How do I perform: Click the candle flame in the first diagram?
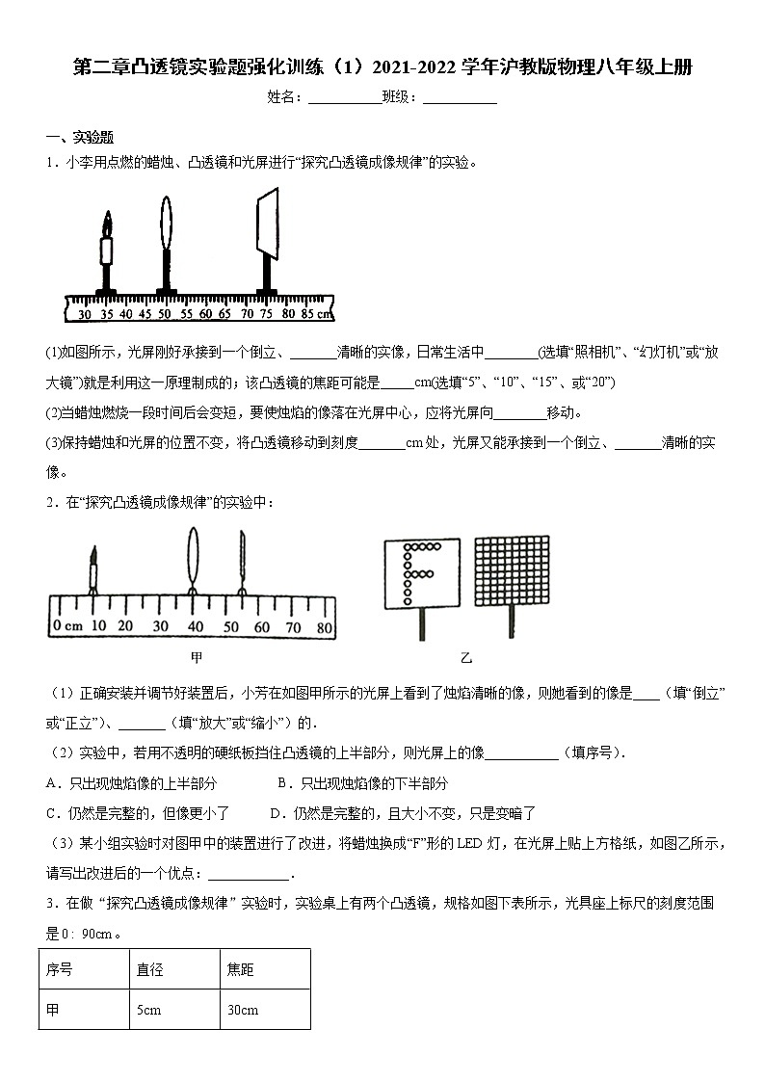click(x=107, y=225)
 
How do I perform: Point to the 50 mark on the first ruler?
click(x=164, y=314)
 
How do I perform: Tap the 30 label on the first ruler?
click(x=85, y=314)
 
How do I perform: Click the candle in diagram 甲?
click(x=94, y=568)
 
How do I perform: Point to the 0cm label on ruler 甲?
click(x=68, y=627)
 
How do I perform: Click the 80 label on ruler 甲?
click(x=324, y=627)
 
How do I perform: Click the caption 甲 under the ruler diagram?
click(x=197, y=657)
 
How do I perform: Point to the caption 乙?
click(x=466, y=659)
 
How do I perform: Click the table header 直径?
click(x=149, y=969)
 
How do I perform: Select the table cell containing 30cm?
click(x=242, y=1010)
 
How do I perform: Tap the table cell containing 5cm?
click(x=148, y=1010)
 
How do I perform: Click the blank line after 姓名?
click(x=345, y=99)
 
